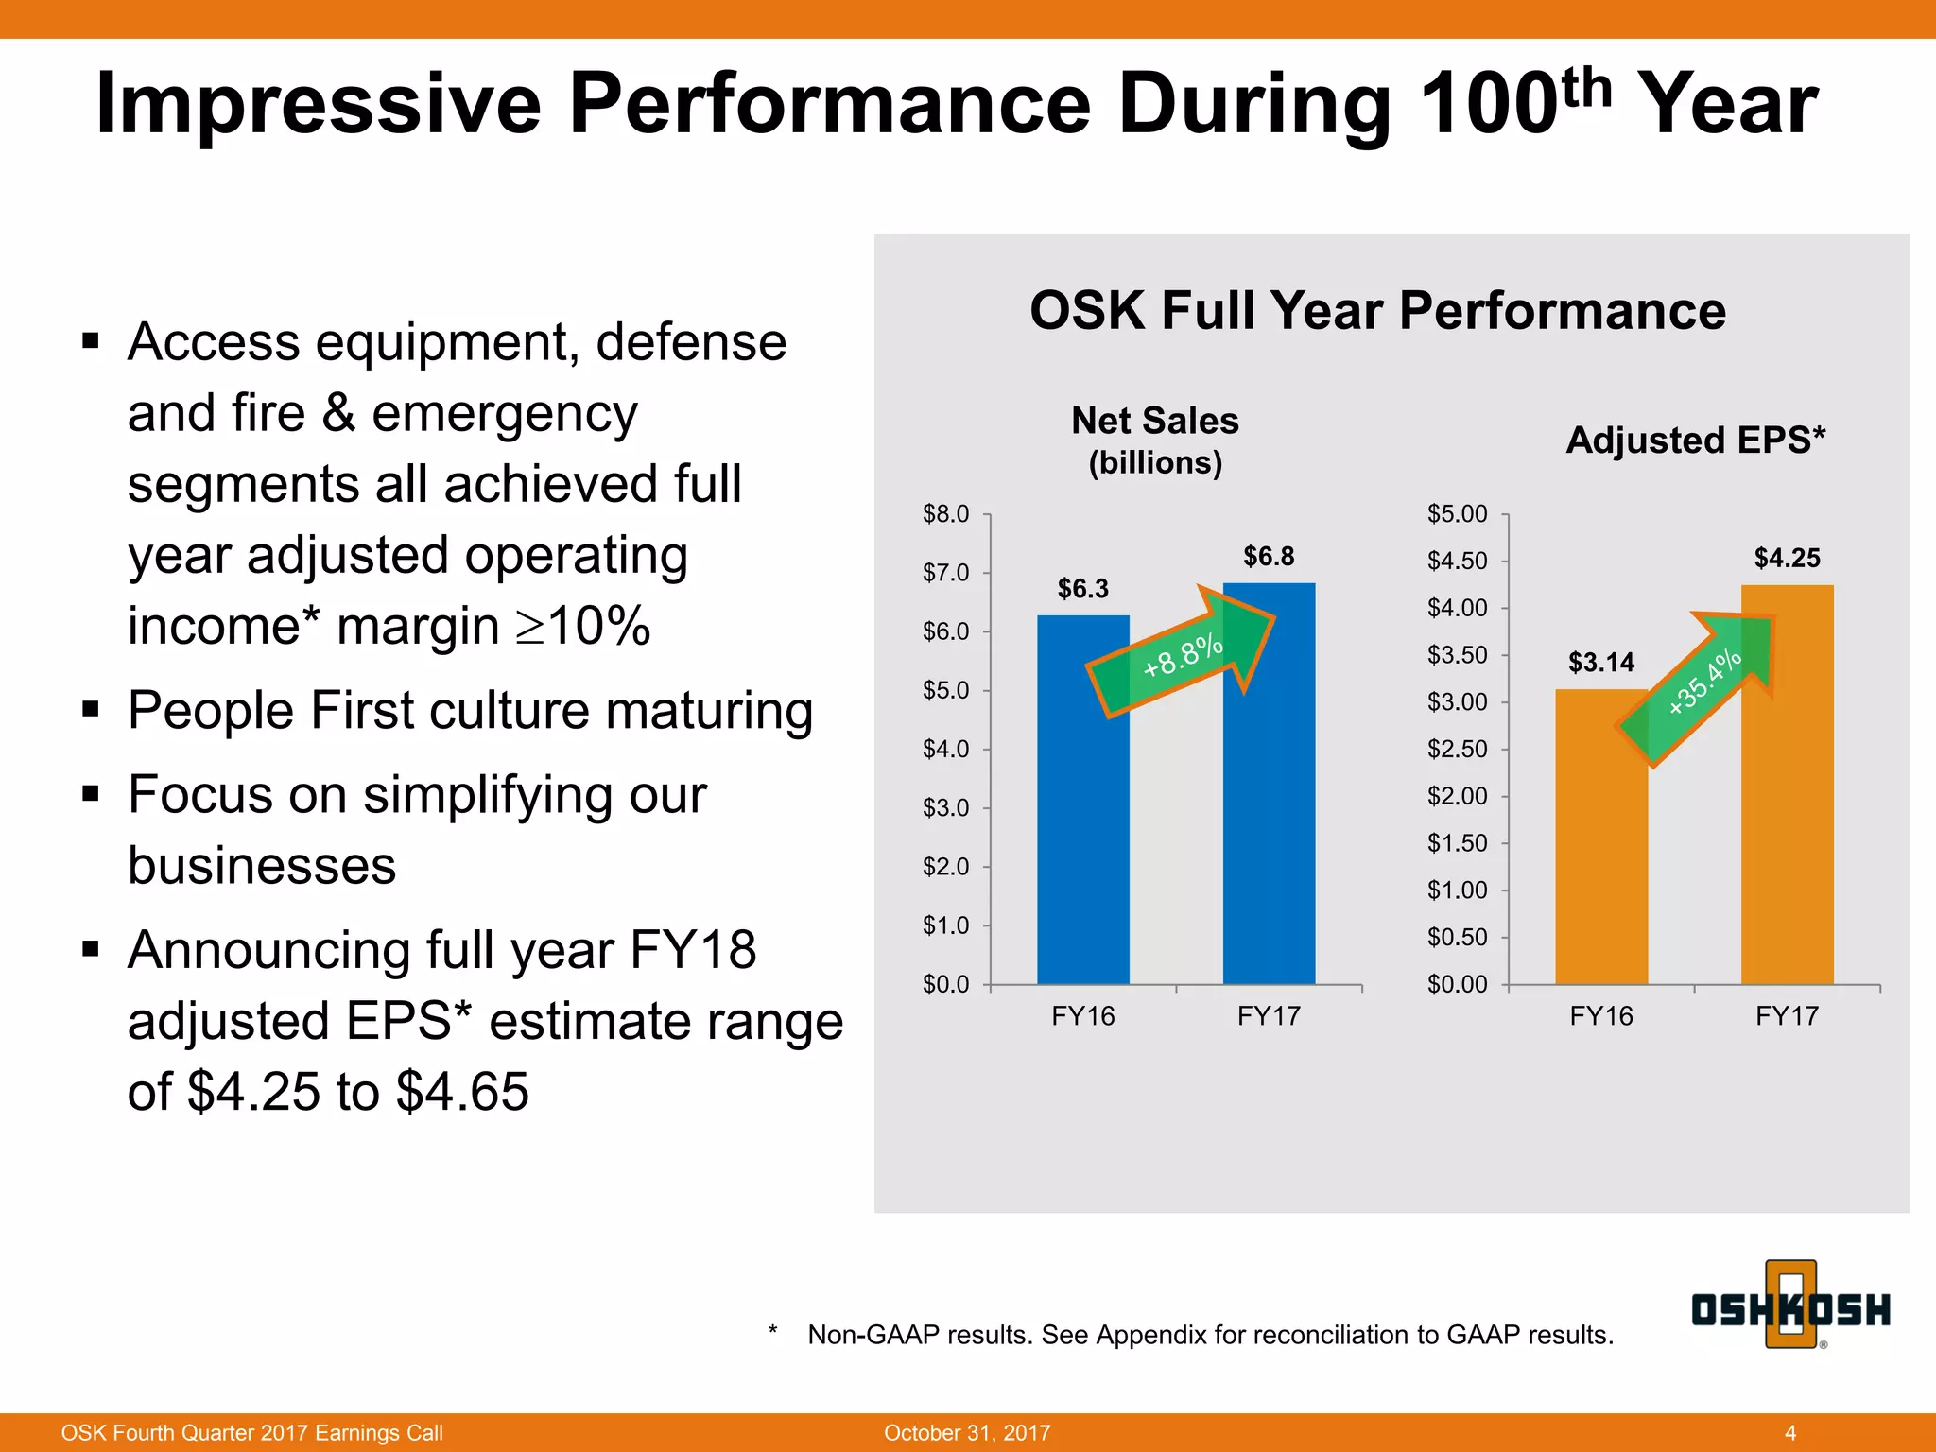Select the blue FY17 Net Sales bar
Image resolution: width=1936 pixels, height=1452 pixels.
coord(1269,832)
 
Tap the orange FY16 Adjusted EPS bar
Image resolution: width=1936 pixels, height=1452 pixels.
coord(1601,870)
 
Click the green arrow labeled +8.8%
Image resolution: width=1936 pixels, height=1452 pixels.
coord(1182,656)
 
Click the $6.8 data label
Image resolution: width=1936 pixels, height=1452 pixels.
coord(1269,556)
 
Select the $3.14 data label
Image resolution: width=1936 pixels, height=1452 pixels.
coord(1601,662)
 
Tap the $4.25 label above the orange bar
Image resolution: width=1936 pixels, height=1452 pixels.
coord(1787,558)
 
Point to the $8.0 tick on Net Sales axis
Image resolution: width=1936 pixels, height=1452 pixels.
coord(946,514)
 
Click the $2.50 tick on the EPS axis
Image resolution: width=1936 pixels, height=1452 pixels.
coord(1457,749)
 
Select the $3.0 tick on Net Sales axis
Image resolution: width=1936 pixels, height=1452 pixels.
coord(946,807)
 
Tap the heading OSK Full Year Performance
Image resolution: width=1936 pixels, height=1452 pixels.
coord(1377,310)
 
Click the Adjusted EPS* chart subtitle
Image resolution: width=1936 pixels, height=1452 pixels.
coord(1695,441)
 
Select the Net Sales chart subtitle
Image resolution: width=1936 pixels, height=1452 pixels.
coord(1154,422)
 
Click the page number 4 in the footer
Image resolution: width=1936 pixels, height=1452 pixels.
coord(1790,1432)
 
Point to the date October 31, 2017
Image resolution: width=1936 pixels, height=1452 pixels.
coord(967,1432)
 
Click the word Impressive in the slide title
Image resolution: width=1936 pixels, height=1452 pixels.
coord(318,104)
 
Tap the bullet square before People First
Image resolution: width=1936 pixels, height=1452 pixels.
coord(91,709)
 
